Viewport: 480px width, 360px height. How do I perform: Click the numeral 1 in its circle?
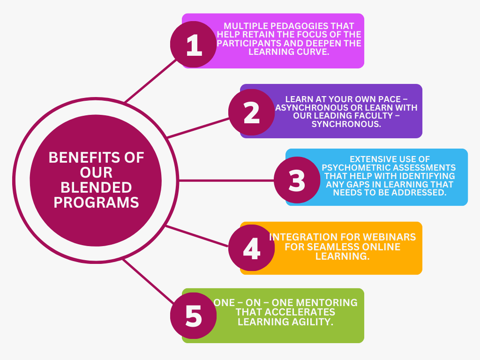click(x=194, y=45)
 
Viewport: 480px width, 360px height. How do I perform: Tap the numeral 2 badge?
click(x=252, y=112)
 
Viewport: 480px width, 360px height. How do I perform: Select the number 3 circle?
click(x=297, y=180)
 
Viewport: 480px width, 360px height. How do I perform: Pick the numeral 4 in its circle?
click(x=252, y=247)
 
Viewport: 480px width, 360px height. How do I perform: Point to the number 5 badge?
click(x=194, y=315)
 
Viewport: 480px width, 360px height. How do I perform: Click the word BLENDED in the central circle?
click(x=96, y=187)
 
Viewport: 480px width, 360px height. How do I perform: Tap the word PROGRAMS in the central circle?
click(x=96, y=202)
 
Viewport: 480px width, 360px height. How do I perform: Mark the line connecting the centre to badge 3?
click(x=226, y=180)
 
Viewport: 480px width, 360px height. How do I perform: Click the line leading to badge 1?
click(x=151, y=81)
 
